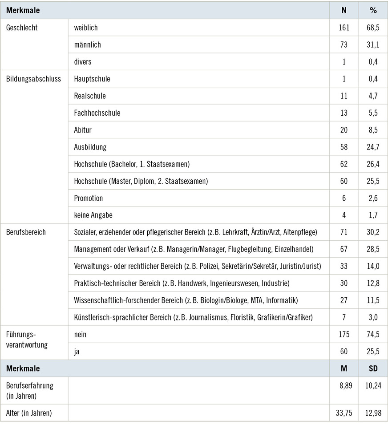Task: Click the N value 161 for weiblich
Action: click(344, 28)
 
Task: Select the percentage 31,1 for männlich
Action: click(373, 45)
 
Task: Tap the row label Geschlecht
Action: click(22, 28)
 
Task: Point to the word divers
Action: click(83, 62)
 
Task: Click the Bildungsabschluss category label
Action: click(33, 79)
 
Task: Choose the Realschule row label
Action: click(90, 96)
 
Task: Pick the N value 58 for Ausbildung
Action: click(344, 147)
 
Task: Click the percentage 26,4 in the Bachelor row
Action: click(373, 164)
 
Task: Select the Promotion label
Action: click(89, 198)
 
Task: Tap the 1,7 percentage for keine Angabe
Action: click(373, 215)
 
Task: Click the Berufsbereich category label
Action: click(26, 232)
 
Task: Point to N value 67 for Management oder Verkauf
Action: click(344, 249)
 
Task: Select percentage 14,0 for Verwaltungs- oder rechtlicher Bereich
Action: click(373, 266)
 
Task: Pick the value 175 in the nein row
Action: click(344, 334)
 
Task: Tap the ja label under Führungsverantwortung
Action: click(77, 352)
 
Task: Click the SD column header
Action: click(373, 368)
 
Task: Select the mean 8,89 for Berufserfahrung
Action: click(344, 385)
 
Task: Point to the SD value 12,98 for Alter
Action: click(373, 413)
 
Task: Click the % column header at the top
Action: click(373, 10)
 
